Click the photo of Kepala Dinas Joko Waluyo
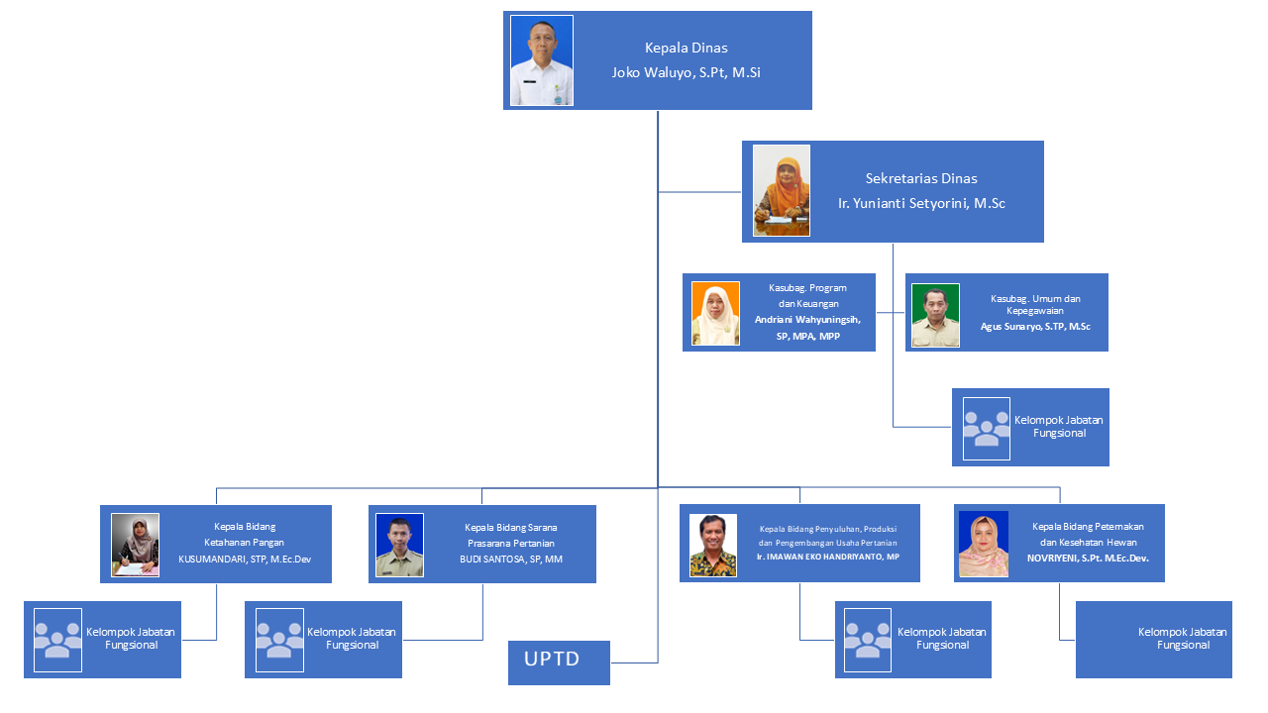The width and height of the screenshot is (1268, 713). pyautogui.click(x=541, y=60)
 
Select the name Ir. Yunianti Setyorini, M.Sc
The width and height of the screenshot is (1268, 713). pyautogui.click(x=921, y=203)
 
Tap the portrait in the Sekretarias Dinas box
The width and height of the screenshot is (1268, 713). pyautogui.click(x=781, y=191)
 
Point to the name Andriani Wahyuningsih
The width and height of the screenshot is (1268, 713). pyautogui.click(x=807, y=320)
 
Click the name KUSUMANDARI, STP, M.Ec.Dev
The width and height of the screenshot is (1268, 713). pyautogui.click(x=244, y=560)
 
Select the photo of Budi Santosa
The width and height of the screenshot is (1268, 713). pyautogui.click(x=399, y=545)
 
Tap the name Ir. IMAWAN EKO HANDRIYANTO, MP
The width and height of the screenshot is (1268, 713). pyautogui.click(x=827, y=559)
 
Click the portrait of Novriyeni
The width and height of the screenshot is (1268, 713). pyautogui.click(x=983, y=545)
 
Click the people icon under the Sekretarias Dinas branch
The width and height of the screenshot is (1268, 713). pyautogui.click(x=986, y=428)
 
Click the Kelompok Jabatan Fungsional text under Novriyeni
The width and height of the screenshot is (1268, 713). pyautogui.click(x=1183, y=639)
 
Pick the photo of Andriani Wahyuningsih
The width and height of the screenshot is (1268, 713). pyautogui.click(x=715, y=314)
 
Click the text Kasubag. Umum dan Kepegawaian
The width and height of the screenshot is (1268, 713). pyautogui.click(x=1035, y=304)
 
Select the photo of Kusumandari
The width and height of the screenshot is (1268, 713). pyautogui.click(x=136, y=545)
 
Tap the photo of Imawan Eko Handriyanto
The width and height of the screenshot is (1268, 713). pyautogui.click(x=713, y=545)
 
